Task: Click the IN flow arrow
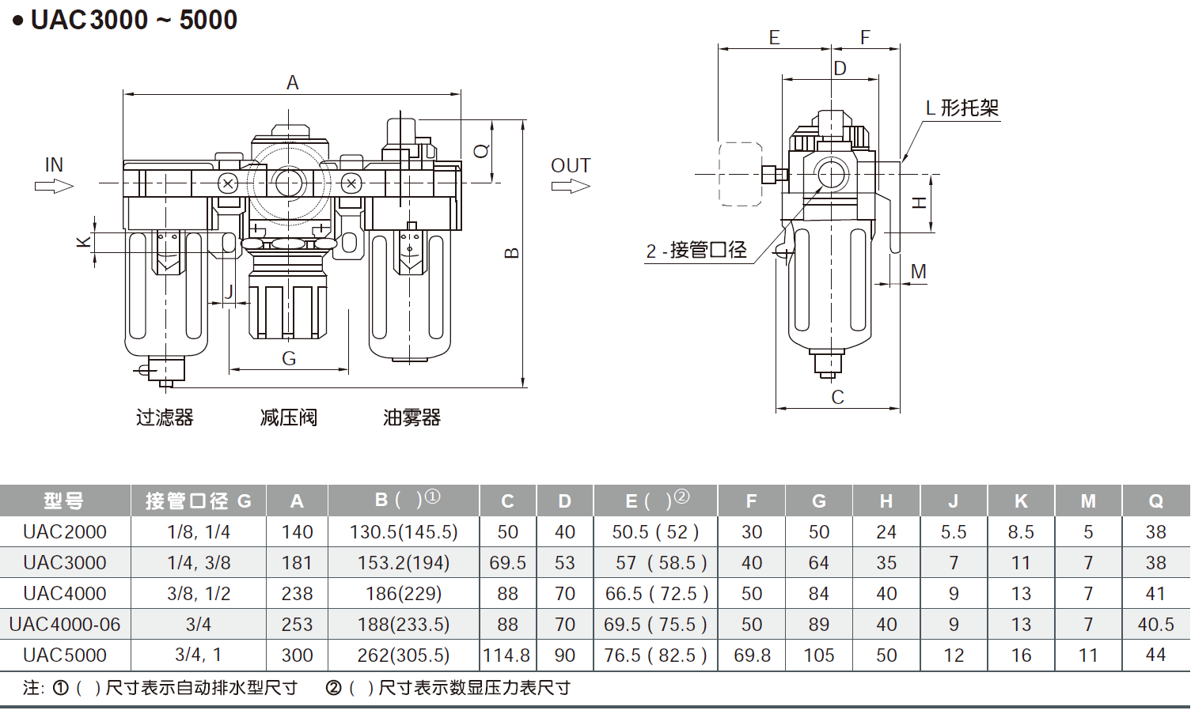point(54,186)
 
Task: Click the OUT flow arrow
point(571,186)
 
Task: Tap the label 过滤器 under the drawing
point(165,417)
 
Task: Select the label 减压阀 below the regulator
point(288,417)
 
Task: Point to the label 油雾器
point(412,417)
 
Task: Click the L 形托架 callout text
point(962,108)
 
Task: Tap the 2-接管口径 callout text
point(696,251)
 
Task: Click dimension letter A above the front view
point(292,82)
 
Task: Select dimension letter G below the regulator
point(289,359)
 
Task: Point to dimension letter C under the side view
point(837,397)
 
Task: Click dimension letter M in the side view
point(918,271)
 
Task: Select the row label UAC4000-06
point(65,625)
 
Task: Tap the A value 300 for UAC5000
point(297,655)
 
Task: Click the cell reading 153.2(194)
point(404,563)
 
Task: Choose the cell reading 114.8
point(507,655)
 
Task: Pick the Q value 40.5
point(1155,625)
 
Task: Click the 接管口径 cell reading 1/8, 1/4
point(199,532)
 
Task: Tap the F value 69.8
point(751,655)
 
